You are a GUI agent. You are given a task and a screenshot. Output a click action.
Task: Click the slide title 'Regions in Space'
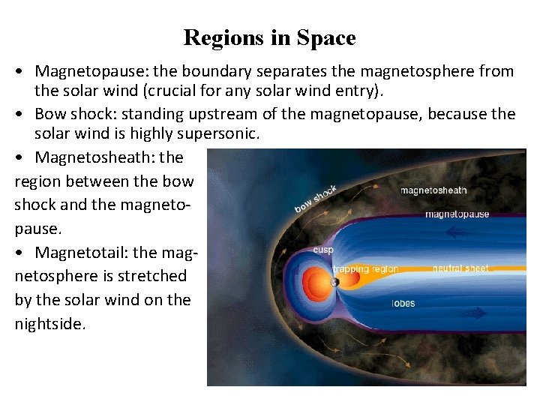269,37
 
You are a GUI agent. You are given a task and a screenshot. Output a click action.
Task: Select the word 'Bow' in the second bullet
50,115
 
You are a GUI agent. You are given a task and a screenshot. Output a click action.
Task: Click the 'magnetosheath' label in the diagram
433,190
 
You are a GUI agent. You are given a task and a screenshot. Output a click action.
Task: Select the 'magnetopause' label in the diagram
457,214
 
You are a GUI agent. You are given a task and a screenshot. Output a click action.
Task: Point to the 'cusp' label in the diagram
323,250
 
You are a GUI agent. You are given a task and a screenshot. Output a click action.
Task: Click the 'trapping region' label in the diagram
365,269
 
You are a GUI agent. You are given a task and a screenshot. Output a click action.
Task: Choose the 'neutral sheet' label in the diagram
460,268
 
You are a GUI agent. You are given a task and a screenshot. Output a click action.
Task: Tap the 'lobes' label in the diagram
403,304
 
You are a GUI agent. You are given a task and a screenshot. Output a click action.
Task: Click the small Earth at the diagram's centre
334,283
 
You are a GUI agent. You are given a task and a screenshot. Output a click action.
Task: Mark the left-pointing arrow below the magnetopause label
454,232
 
